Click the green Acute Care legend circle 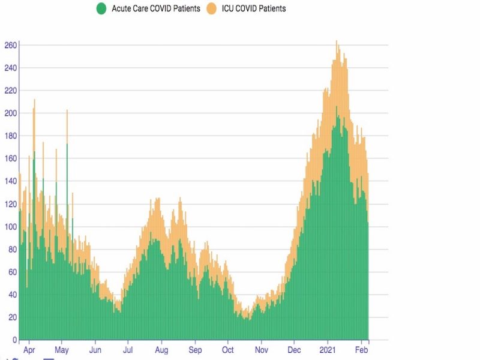pyautogui.click(x=101, y=9)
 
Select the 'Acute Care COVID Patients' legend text pyautogui.click(x=155, y=9)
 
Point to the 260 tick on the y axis pyautogui.click(x=10, y=45)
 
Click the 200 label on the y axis pyautogui.click(x=10, y=113)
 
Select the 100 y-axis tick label pyautogui.click(x=10, y=226)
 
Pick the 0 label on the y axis pyautogui.click(x=14, y=340)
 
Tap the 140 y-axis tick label pyautogui.click(x=10, y=181)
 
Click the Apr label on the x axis pyautogui.click(x=28, y=349)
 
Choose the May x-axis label pyautogui.click(x=62, y=349)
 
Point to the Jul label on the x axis pyautogui.click(x=128, y=349)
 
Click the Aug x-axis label pyautogui.click(x=161, y=349)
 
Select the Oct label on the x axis pyautogui.click(x=228, y=349)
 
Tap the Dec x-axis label pyautogui.click(x=295, y=349)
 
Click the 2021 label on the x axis pyautogui.click(x=328, y=349)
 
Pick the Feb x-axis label pyautogui.click(x=361, y=349)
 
